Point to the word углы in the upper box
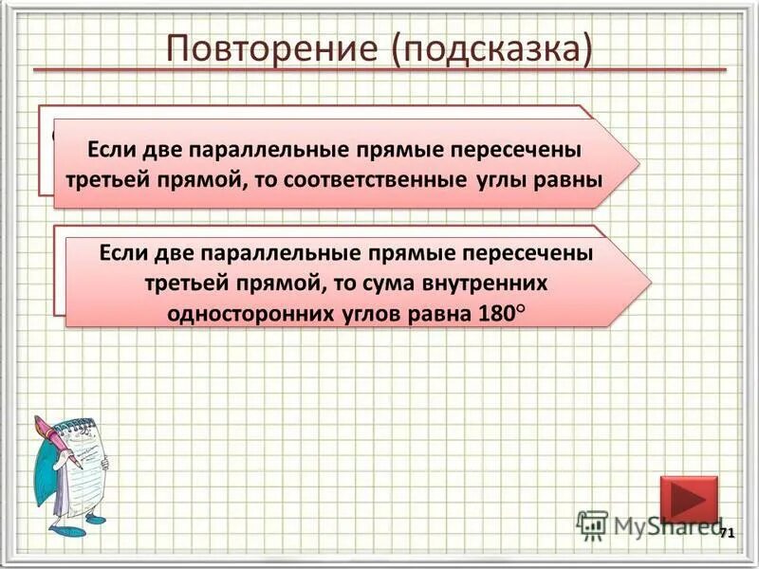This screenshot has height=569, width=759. [x=499, y=180]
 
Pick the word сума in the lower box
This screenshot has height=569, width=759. [x=383, y=284]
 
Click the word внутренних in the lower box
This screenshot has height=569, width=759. [x=490, y=284]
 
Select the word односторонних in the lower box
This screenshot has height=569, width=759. [x=250, y=313]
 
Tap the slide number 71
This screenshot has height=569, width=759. [x=727, y=534]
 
